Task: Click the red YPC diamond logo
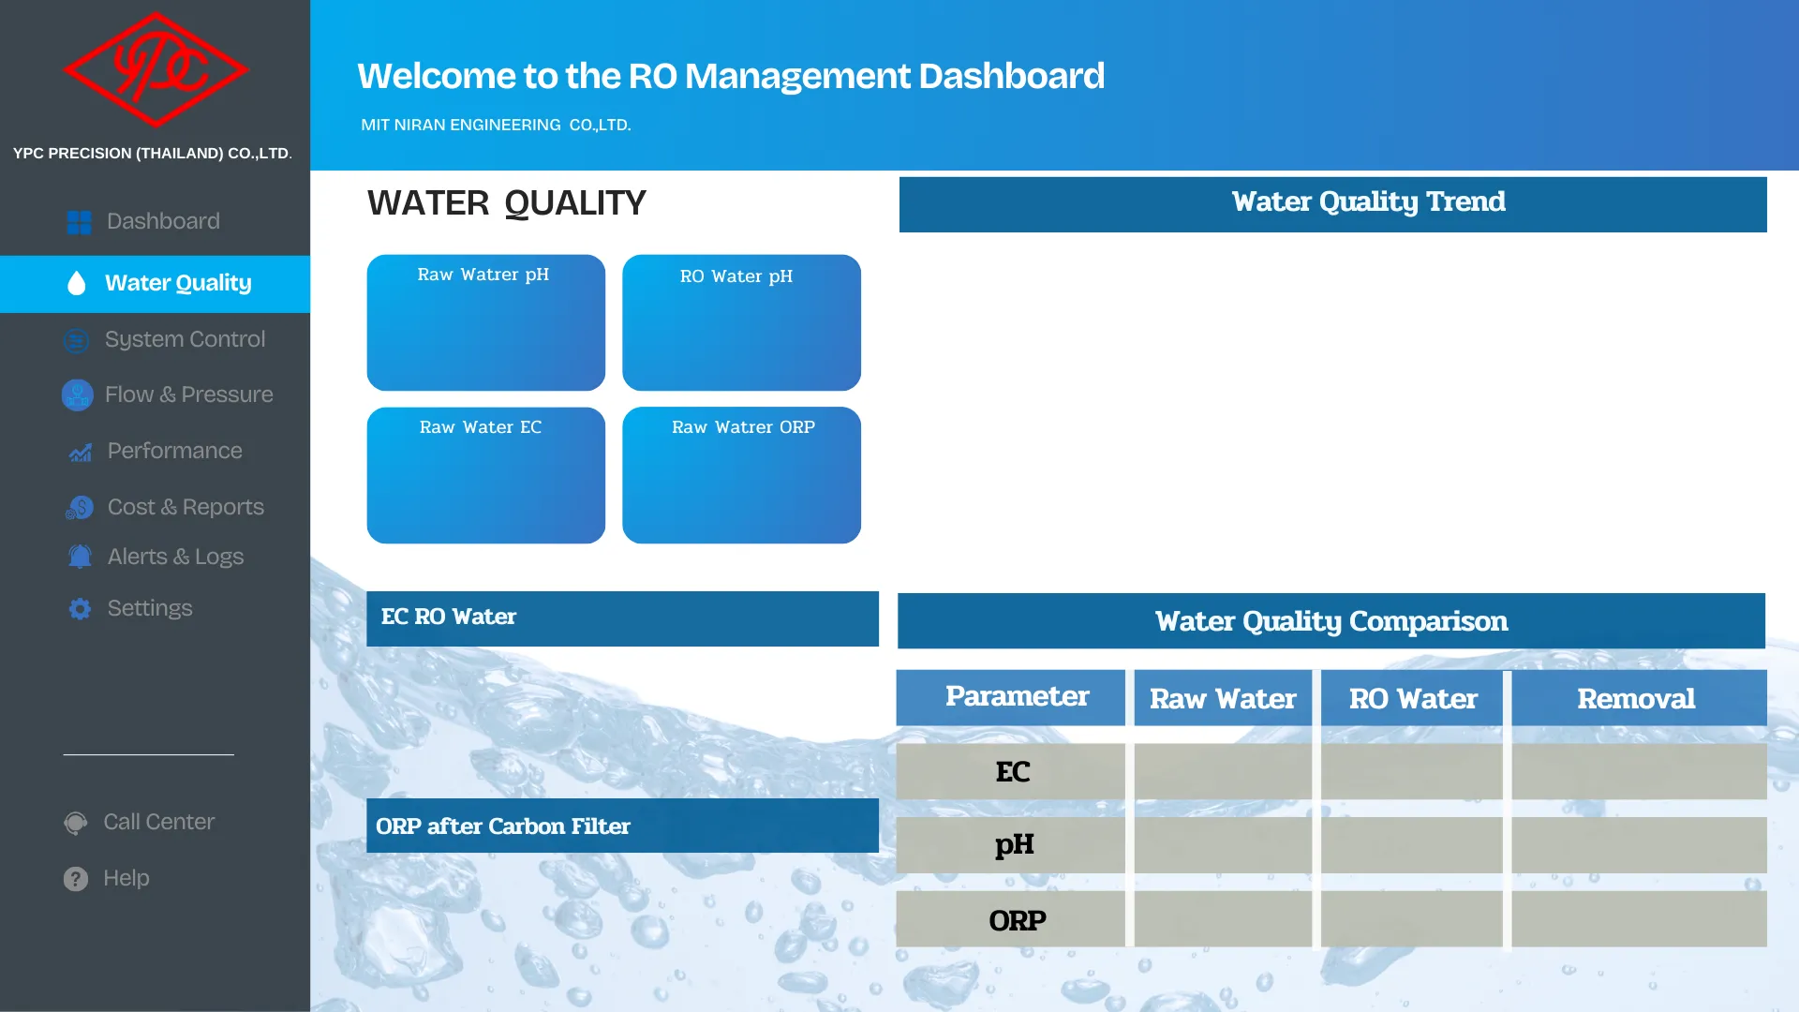click(156, 69)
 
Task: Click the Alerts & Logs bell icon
click(80, 557)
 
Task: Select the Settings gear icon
click(80, 609)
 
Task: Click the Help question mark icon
click(76, 878)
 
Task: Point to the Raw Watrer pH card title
click(483, 275)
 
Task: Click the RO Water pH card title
click(736, 276)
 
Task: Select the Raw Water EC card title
click(481, 427)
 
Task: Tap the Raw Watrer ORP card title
click(743, 427)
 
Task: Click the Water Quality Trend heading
click(1369, 202)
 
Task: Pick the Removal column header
click(1636, 699)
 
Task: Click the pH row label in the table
click(1015, 845)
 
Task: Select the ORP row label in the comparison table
click(1018, 920)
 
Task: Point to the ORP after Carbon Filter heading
click(503, 826)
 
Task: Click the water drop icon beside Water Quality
click(77, 283)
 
